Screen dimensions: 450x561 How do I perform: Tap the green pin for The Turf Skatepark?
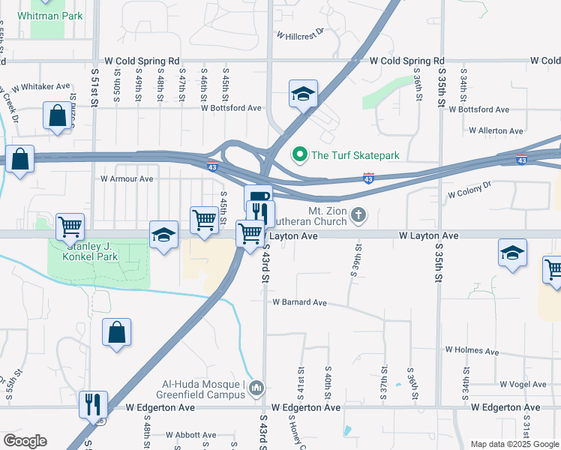(300, 155)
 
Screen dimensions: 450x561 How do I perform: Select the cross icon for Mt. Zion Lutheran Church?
(359, 216)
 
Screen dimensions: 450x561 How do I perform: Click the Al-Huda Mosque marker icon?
(257, 388)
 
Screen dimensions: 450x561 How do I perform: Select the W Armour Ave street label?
(127, 179)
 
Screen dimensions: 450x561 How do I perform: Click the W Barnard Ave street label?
(300, 303)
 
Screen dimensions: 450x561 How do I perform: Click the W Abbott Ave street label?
(191, 434)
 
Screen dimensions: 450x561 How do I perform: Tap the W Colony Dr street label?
(469, 189)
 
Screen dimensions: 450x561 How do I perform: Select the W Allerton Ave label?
(496, 130)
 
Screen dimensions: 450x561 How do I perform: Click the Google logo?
(25, 441)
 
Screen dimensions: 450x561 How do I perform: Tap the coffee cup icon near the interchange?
(258, 197)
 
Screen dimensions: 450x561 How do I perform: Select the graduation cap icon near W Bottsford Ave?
(303, 94)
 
